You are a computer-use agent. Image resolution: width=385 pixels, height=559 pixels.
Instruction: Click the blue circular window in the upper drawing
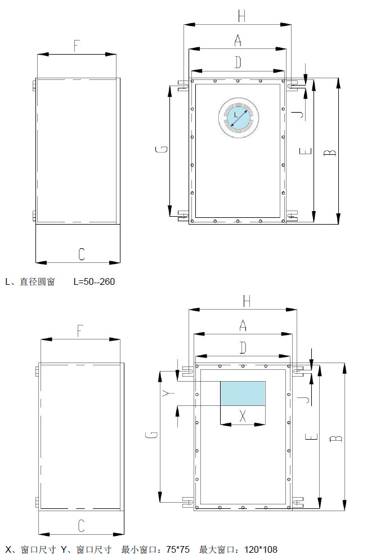tap(239, 117)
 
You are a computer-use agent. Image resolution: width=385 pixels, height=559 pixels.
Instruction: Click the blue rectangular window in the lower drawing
tap(243, 393)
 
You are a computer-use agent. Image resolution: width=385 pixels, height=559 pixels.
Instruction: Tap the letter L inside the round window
tap(236, 115)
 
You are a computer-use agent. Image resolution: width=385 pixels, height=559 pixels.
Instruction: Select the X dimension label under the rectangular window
tap(243, 415)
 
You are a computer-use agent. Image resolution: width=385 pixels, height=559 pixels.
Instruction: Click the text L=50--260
tap(94, 281)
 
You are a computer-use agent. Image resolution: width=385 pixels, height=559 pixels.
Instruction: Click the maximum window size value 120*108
tap(261, 549)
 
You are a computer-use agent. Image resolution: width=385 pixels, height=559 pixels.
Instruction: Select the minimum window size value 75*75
tap(178, 549)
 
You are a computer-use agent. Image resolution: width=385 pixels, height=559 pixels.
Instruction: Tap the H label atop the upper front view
tap(241, 16)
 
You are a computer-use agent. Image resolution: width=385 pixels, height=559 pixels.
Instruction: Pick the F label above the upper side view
tap(77, 46)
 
